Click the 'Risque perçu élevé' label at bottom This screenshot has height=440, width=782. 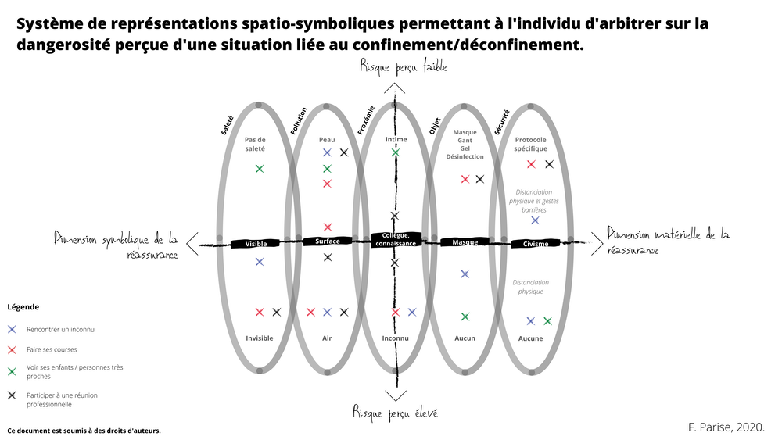[x=395, y=412]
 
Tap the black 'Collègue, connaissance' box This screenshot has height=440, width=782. [x=396, y=240]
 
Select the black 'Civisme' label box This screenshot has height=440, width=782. [x=536, y=244]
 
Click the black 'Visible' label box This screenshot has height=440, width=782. [x=256, y=244]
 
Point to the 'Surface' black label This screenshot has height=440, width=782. [x=327, y=241]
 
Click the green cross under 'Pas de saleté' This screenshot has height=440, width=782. [x=260, y=169]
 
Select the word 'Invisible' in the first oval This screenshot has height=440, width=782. [x=260, y=338]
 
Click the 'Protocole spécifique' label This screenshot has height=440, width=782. [x=531, y=144]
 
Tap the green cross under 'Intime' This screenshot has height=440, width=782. [x=396, y=152]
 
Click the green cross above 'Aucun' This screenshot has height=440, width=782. [x=465, y=317]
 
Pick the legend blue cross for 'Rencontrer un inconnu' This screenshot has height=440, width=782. [x=12, y=329]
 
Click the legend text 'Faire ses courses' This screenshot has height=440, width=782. [x=52, y=349]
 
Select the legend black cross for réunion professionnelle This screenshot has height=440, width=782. [x=12, y=395]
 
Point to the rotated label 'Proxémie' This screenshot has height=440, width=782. [x=366, y=120]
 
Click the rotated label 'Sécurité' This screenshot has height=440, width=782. [x=502, y=123]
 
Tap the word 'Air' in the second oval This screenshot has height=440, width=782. [x=327, y=338]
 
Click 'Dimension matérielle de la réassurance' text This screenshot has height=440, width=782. [x=669, y=241]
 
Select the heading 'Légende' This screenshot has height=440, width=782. [x=23, y=307]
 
